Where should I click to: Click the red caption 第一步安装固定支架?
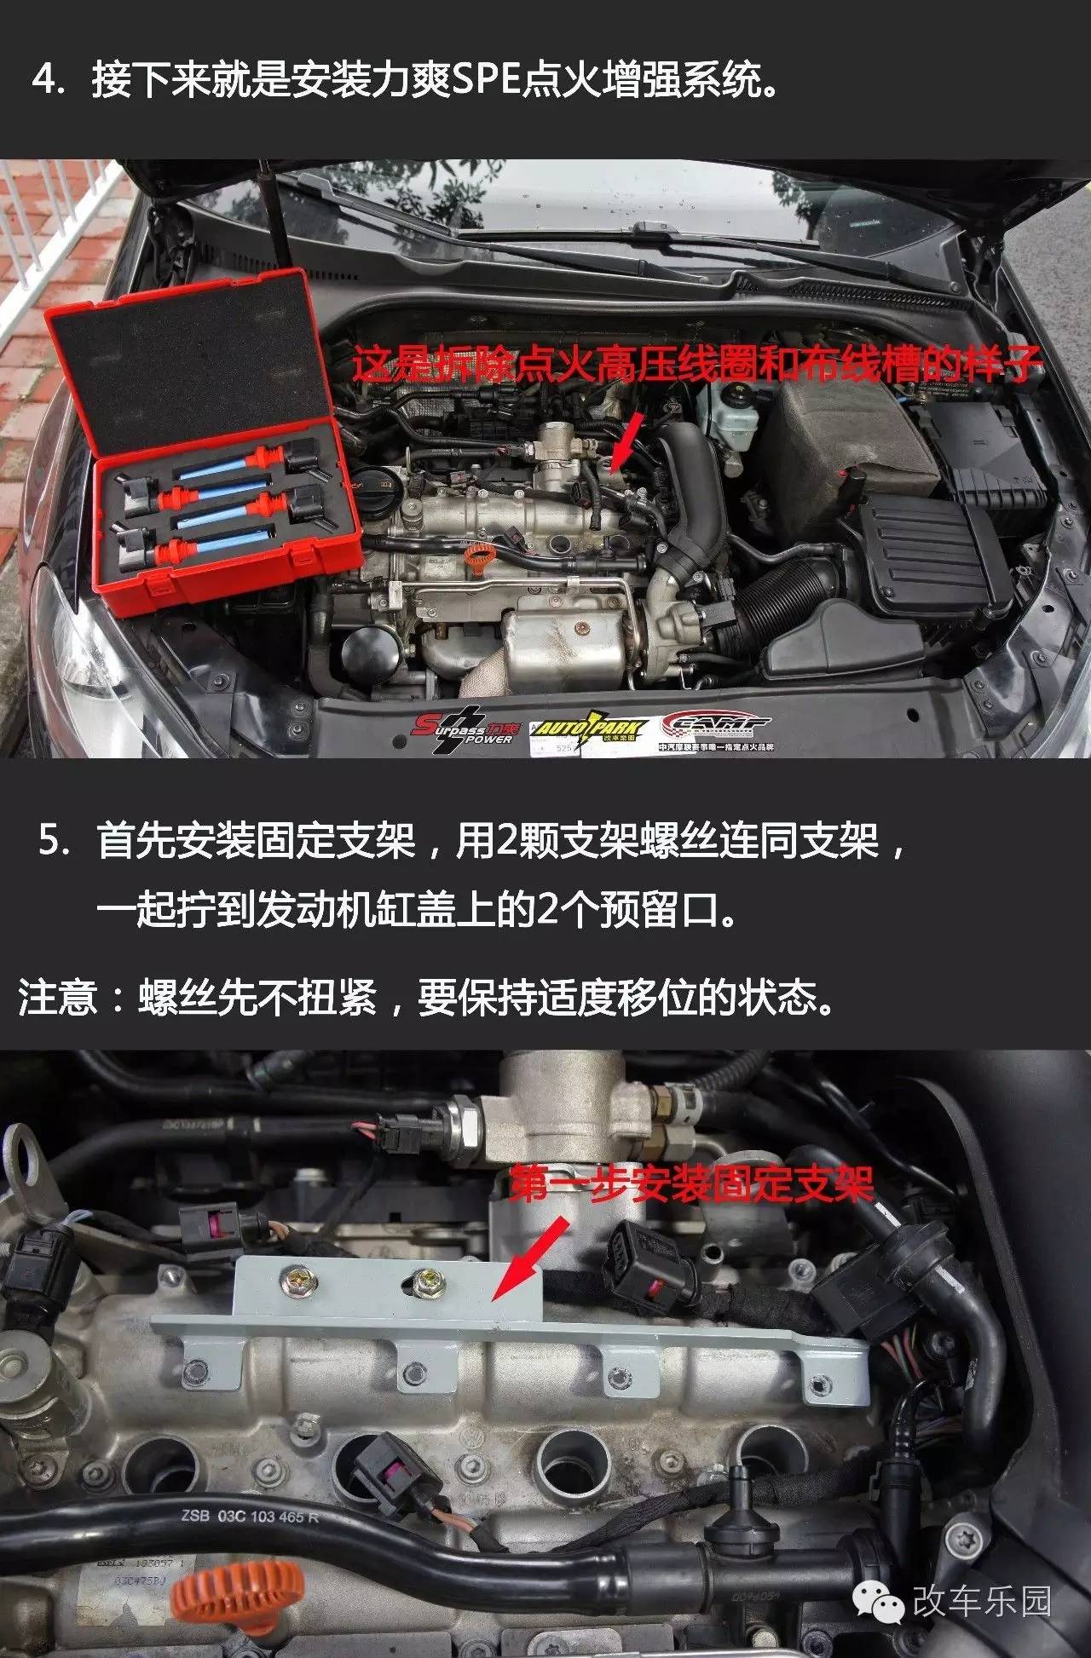pyautogui.click(x=691, y=1185)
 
